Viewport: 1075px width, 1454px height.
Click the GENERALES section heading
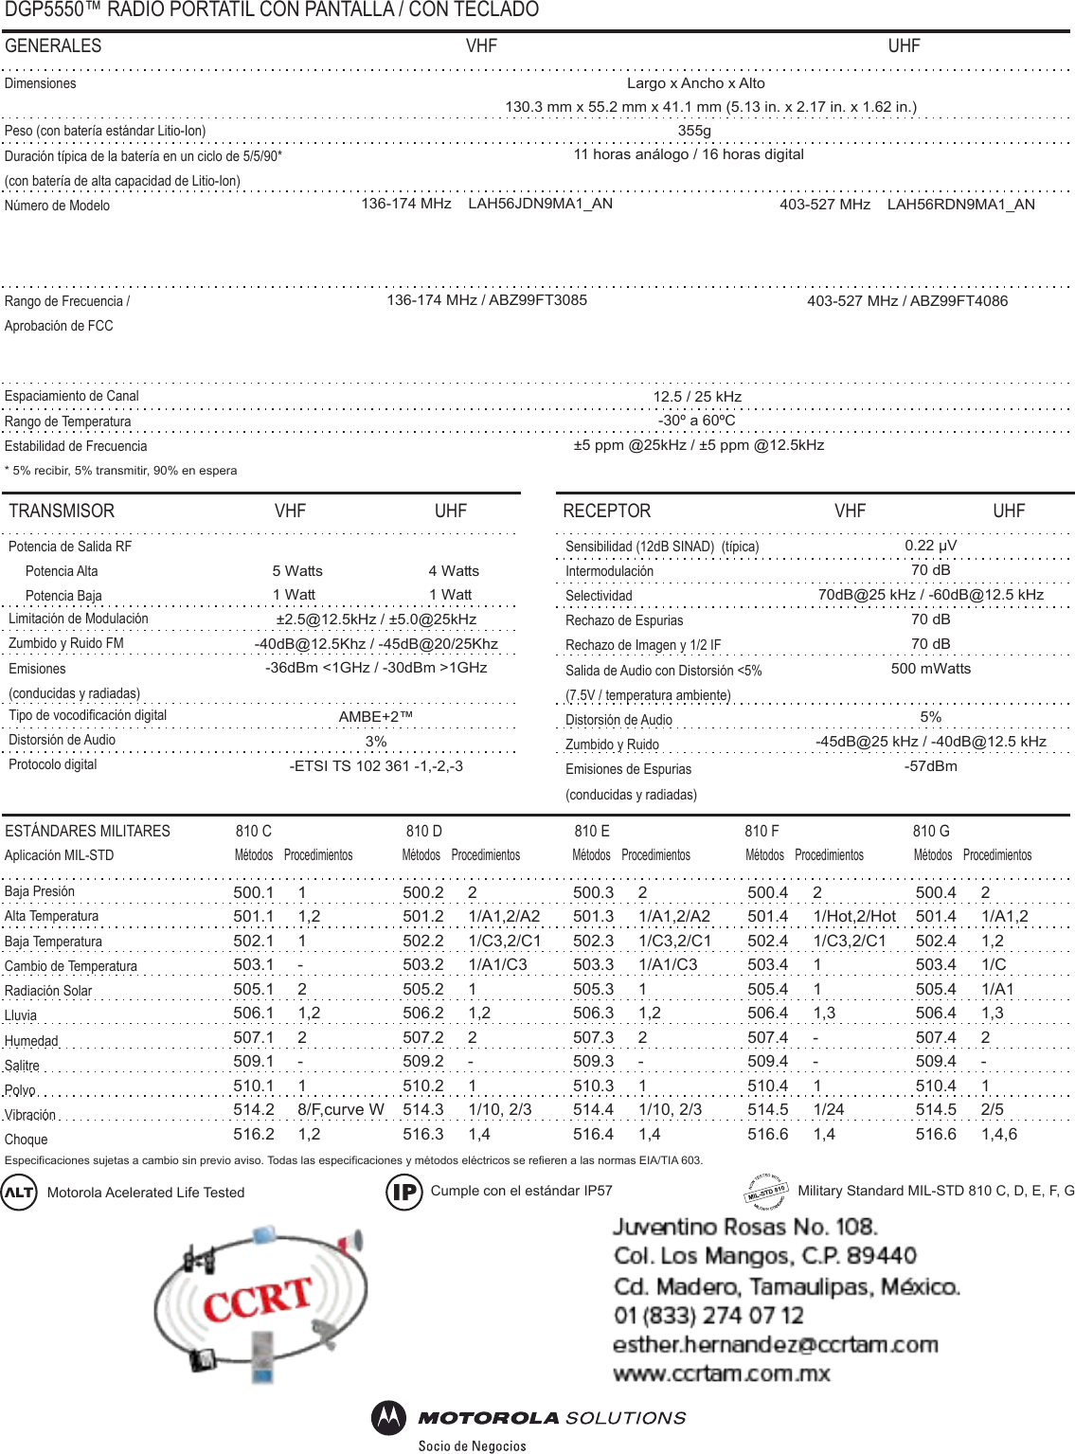point(53,46)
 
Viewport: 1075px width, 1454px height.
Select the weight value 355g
point(694,131)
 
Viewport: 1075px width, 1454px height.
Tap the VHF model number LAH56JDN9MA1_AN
point(540,204)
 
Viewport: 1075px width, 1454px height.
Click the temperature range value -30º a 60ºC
point(696,421)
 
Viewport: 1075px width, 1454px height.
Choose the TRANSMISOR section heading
point(62,512)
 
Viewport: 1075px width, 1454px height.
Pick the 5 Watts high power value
point(297,571)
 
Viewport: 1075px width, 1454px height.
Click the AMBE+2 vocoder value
point(376,717)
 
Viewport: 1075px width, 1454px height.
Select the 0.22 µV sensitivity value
point(930,546)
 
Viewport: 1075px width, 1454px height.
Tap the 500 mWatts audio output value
point(930,669)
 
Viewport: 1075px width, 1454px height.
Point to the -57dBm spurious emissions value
point(930,766)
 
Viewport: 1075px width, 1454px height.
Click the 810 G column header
point(931,831)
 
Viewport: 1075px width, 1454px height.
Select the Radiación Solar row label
point(48,991)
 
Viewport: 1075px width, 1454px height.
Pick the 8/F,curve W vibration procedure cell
point(341,1109)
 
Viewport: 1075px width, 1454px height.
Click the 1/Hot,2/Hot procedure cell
point(854,916)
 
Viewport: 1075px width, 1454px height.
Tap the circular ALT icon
point(19,1192)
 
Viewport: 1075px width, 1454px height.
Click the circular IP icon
point(404,1192)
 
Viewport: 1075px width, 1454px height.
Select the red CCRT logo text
point(258,1300)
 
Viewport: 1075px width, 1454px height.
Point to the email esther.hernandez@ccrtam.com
point(775,1344)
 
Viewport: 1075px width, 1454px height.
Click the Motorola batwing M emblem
point(388,1417)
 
